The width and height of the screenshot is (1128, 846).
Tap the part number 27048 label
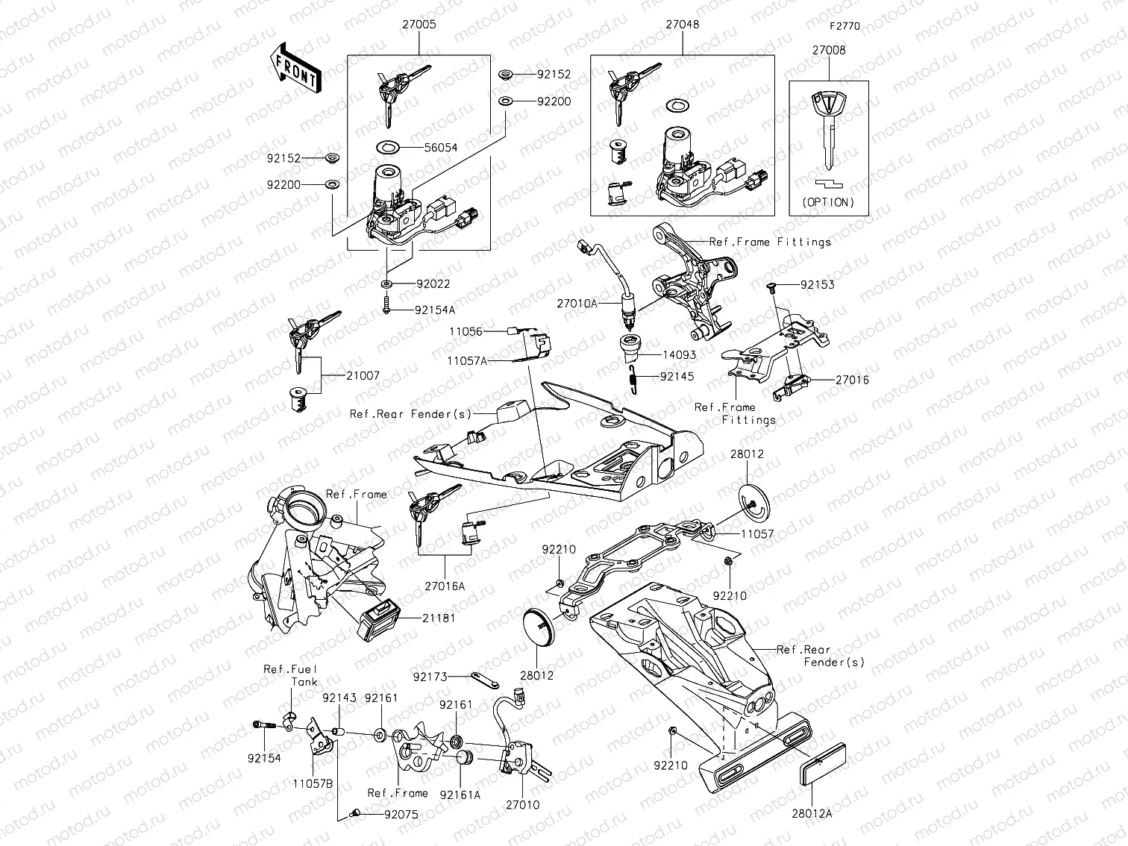(x=682, y=24)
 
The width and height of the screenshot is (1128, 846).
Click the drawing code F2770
(x=845, y=25)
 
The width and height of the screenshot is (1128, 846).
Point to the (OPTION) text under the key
(x=828, y=202)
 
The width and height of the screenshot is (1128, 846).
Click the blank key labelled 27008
(x=828, y=127)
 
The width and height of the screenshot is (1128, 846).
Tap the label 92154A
(x=435, y=309)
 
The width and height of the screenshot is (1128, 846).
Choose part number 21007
(x=363, y=376)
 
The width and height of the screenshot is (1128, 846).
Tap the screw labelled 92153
(x=773, y=285)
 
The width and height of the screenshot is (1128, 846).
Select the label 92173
(x=430, y=677)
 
